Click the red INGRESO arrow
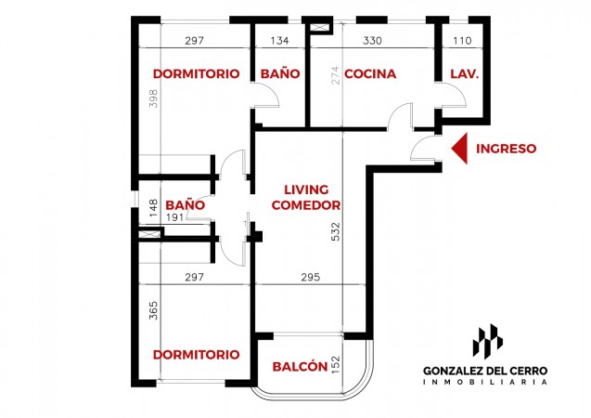pyautogui.click(x=460, y=149)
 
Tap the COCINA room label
pyautogui.click(x=370, y=73)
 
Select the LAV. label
pyautogui.click(x=464, y=73)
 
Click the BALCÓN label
pyautogui.click(x=300, y=366)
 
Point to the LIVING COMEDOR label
pyautogui.click(x=306, y=197)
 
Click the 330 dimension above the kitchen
pyautogui.click(x=372, y=40)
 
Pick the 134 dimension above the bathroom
pyautogui.click(x=279, y=40)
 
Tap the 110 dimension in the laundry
pyautogui.click(x=462, y=40)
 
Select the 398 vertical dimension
pyautogui.click(x=153, y=98)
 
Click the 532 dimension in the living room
pyautogui.click(x=335, y=231)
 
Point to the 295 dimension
pyautogui.click(x=311, y=278)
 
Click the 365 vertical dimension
pyautogui.click(x=153, y=310)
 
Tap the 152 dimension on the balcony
pyautogui.click(x=335, y=365)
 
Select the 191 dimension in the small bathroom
pyautogui.click(x=174, y=217)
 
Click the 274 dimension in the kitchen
pyautogui.click(x=335, y=75)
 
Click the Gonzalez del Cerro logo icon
pyautogui.click(x=487, y=340)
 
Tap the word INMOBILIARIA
pyautogui.click(x=485, y=382)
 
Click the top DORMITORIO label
pyautogui.click(x=197, y=73)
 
